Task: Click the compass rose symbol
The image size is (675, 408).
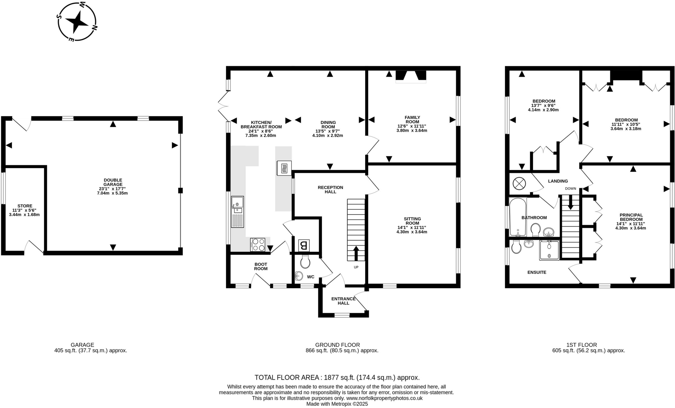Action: (77, 22)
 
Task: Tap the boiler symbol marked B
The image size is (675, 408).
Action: (304, 245)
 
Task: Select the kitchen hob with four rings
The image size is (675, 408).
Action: (257, 245)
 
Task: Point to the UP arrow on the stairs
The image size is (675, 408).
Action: (356, 253)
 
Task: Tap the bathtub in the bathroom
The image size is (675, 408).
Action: (518, 217)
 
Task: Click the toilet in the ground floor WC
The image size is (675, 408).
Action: (306, 262)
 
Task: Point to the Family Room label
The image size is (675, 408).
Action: (412, 119)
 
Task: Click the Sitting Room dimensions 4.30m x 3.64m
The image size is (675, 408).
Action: (412, 232)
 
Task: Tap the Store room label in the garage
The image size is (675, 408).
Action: (25, 206)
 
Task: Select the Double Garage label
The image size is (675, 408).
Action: (113, 182)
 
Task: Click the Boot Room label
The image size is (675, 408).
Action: (261, 266)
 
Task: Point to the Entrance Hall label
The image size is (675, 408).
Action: (343, 301)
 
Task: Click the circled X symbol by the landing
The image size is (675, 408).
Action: (519, 184)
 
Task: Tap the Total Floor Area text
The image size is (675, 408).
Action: (337, 377)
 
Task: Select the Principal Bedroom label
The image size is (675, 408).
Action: (631, 217)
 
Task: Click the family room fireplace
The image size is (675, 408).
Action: (411, 76)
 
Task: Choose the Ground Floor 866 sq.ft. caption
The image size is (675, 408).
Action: (342, 348)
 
